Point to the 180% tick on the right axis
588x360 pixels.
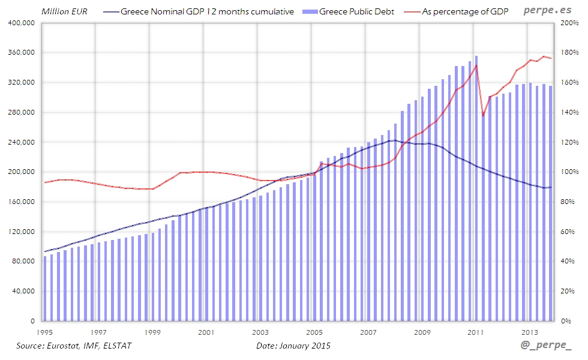click(x=569, y=53)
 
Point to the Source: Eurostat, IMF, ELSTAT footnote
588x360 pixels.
click(x=74, y=346)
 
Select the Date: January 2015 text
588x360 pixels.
click(x=293, y=346)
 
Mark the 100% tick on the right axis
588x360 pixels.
click(x=569, y=172)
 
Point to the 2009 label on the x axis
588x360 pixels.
click(x=422, y=332)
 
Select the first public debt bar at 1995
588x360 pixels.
click(x=45, y=289)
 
